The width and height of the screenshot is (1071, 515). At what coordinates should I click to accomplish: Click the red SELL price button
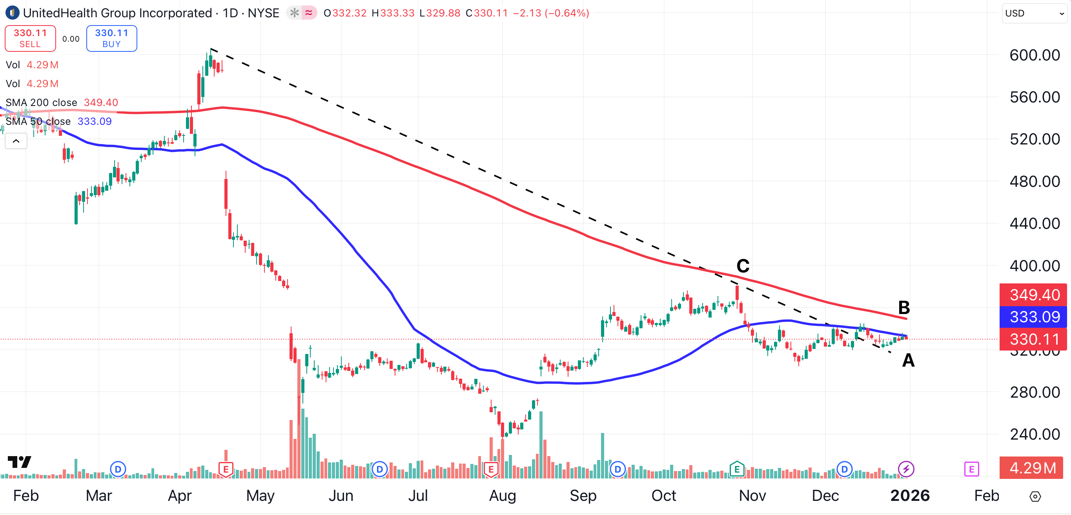[30, 38]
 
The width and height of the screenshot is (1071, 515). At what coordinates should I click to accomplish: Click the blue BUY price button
[111, 38]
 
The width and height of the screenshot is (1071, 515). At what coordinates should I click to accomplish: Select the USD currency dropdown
[1034, 13]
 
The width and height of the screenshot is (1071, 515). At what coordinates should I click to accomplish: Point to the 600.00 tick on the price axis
[1035, 55]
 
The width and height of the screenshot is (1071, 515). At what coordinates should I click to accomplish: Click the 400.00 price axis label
[1035, 266]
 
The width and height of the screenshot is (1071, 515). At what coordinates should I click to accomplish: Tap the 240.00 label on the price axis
[1035, 434]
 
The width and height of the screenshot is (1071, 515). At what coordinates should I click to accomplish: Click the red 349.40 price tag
[1035, 295]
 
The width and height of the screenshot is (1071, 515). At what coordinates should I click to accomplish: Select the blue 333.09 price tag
[1035, 317]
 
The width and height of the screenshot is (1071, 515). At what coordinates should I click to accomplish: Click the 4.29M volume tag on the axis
[1033, 468]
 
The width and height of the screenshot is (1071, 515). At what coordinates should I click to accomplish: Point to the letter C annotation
[743, 266]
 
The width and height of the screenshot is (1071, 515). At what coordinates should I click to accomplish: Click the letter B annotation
[904, 308]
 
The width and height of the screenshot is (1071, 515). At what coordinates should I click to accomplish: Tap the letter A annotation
[908, 360]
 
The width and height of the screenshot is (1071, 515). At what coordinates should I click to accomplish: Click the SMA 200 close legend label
[41, 102]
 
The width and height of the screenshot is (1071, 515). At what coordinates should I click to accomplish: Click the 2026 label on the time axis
[910, 495]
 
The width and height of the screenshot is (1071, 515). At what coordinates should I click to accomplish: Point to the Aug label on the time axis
[502, 495]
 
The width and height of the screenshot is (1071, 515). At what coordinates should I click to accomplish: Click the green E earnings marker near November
[737, 469]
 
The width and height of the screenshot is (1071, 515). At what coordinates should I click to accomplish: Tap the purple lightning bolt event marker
[906, 469]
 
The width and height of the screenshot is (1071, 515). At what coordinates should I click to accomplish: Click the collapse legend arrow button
[16, 141]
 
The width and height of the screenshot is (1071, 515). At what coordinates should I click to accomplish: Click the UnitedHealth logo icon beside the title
[13, 13]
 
